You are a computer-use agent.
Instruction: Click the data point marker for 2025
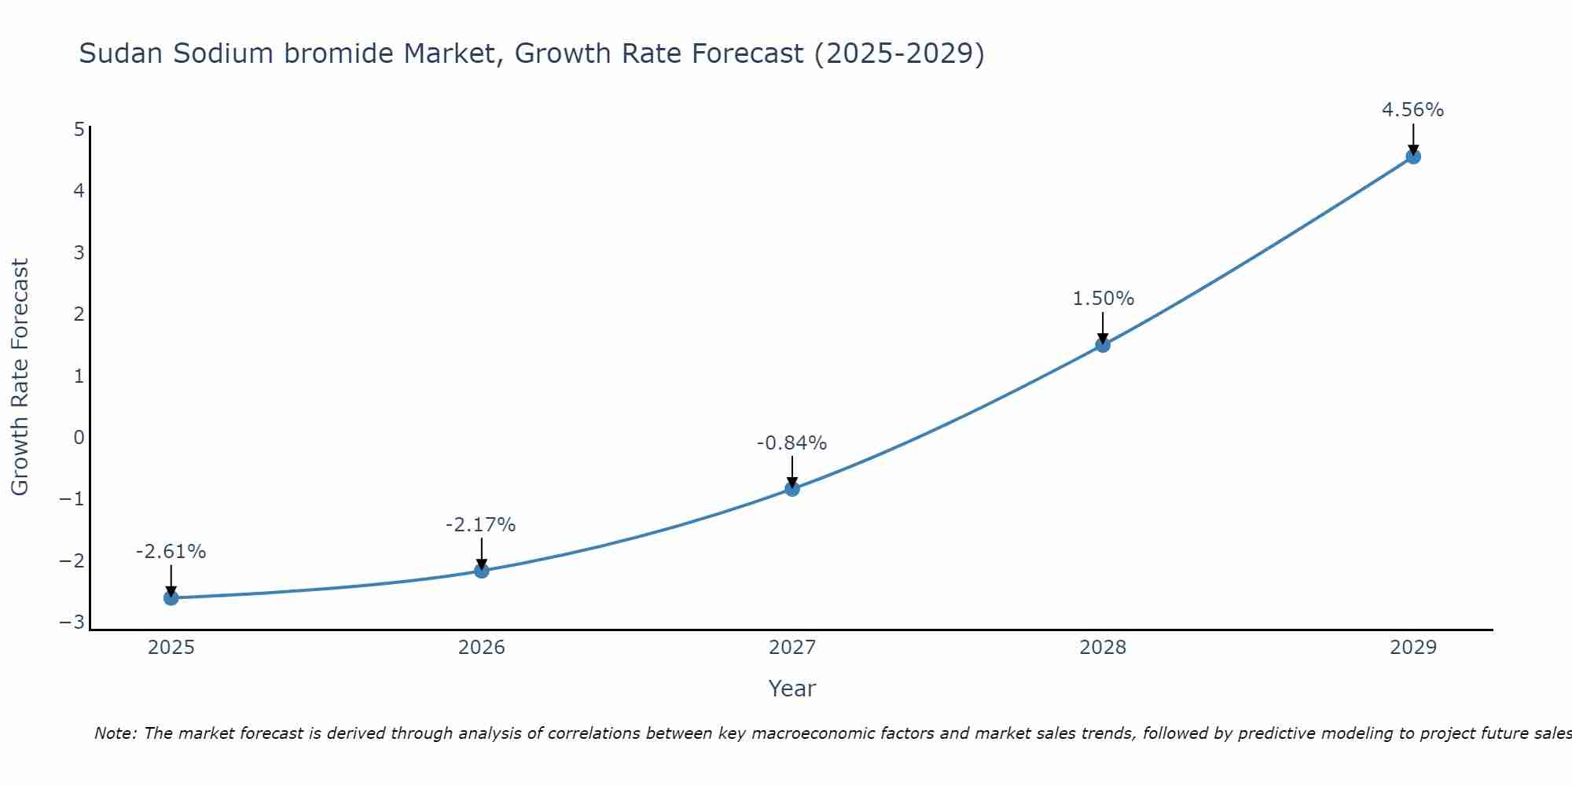pos(171,598)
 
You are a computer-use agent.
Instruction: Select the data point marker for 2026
pos(482,571)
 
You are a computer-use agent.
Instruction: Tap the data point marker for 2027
pos(792,489)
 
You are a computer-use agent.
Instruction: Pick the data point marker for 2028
pos(1103,344)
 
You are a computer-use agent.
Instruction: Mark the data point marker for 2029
pos(1413,156)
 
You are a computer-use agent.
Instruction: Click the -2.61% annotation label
pos(171,552)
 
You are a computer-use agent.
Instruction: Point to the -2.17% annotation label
pos(480,525)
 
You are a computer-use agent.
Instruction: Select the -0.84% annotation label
pos(792,443)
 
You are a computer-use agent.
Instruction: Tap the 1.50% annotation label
pos(1103,299)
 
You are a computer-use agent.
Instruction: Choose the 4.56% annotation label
pos(1412,110)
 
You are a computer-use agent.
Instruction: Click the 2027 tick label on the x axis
pos(792,648)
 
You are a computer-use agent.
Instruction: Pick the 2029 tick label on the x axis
pos(1413,648)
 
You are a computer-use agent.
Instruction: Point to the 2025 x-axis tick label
pos(171,648)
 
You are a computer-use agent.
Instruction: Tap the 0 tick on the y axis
pos(79,438)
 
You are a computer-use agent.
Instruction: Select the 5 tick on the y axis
pos(79,129)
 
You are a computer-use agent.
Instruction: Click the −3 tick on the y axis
pos(72,623)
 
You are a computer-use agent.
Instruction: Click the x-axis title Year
pos(792,689)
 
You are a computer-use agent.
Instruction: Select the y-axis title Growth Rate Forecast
pos(20,377)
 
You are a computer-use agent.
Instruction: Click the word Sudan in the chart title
pos(122,53)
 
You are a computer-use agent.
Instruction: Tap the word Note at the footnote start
pos(115,733)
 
